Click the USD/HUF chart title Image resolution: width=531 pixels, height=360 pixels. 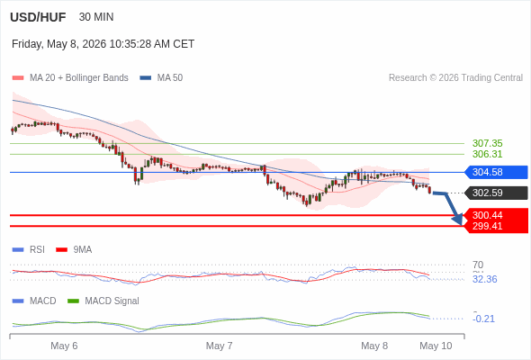(x=38, y=17)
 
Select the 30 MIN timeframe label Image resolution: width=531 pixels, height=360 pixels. (x=96, y=17)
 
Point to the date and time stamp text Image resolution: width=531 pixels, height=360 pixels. (x=103, y=44)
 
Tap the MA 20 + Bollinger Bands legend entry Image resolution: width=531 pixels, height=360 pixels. (x=70, y=78)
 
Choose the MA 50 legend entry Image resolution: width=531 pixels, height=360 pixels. (x=161, y=78)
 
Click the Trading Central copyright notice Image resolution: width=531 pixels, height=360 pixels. (x=455, y=78)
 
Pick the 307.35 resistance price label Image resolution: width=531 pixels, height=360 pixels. (x=487, y=143)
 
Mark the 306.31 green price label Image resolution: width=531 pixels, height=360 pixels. (x=487, y=154)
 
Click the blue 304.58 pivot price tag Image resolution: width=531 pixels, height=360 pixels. (x=496, y=172)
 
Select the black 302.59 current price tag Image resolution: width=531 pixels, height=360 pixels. (x=496, y=193)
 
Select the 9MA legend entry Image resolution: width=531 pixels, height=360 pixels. (x=74, y=249)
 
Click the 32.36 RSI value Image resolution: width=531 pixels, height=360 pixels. (x=484, y=279)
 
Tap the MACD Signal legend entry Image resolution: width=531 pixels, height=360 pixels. (x=103, y=301)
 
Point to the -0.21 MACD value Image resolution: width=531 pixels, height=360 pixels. (x=484, y=319)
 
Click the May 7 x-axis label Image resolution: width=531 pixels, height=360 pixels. (x=219, y=346)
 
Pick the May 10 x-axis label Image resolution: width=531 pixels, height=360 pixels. (x=436, y=346)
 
